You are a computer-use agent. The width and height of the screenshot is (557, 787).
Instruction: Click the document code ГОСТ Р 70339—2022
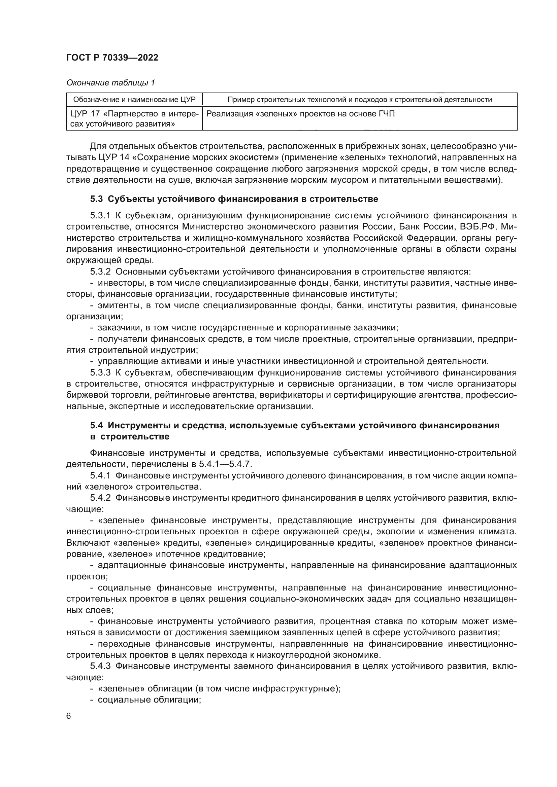point(112,58)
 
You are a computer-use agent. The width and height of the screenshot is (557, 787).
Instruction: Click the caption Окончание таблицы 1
point(110,83)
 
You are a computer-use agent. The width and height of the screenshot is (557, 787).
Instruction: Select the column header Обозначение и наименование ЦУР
point(134,100)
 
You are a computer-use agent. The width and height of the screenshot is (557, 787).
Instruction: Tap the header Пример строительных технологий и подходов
point(359,100)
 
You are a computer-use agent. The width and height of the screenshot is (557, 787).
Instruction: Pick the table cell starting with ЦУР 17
point(134,118)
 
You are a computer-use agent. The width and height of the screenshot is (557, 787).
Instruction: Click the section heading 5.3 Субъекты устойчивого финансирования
point(234,199)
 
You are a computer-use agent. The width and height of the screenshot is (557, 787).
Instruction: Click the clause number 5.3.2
point(100,272)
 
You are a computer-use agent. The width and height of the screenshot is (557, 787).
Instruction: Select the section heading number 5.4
point(96,425)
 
